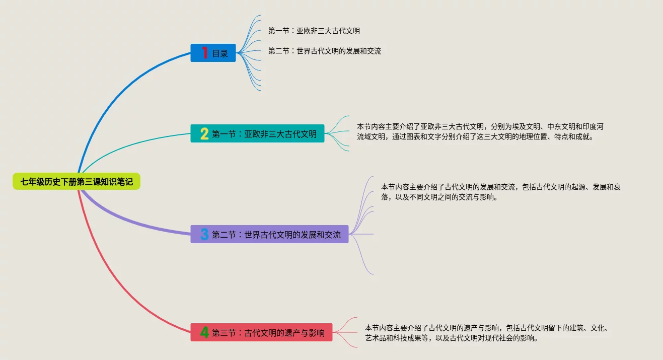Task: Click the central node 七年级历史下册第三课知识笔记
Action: pyautogui.click(x=77, y=182)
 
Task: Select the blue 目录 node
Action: pyautogui.click(x=213, y=53)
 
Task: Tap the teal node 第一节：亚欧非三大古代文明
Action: pyautogui.click(x=257, y=133)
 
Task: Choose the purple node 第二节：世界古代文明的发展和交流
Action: pyautogui.click(x=269, y=234)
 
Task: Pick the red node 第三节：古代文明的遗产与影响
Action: pyautogui.click(x=261, y=332)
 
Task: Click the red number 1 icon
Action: pyautogui.click(x=204, y=53)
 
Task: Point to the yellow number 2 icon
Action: pyautogui.click(x=204, y=133)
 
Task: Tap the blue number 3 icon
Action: pyautogui.click(x=204, y=234)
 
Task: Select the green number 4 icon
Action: pyautogui.click(x=204, y=332)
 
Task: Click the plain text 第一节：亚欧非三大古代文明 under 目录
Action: pyautogui.click(x=314, y=31)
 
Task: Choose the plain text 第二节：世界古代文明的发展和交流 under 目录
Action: pyautogui.click(x=325, y=51)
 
